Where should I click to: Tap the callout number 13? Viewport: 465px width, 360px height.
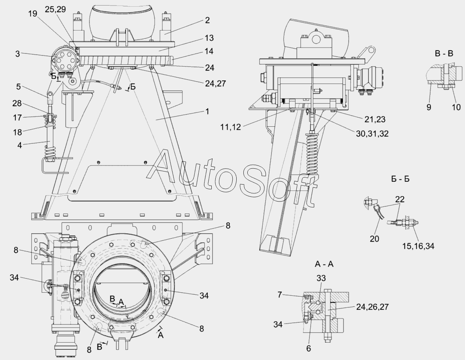(209, 38)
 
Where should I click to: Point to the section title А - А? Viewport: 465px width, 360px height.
(324, 264)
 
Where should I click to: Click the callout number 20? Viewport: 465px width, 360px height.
(374, 238)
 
